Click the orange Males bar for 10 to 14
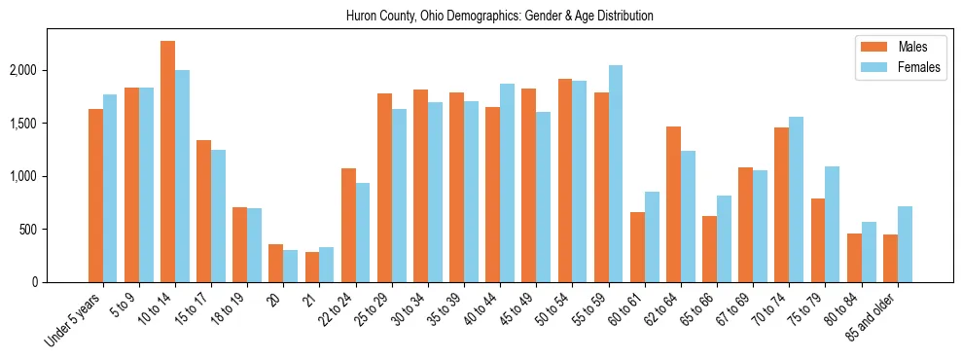tap(167, 162)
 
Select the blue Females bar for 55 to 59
tap(616, 173)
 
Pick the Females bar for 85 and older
tap(905, 244)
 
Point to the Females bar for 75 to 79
tap(833, 224)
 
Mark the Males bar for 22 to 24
tap(348, 225)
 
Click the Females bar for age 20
tap(291, 266)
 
